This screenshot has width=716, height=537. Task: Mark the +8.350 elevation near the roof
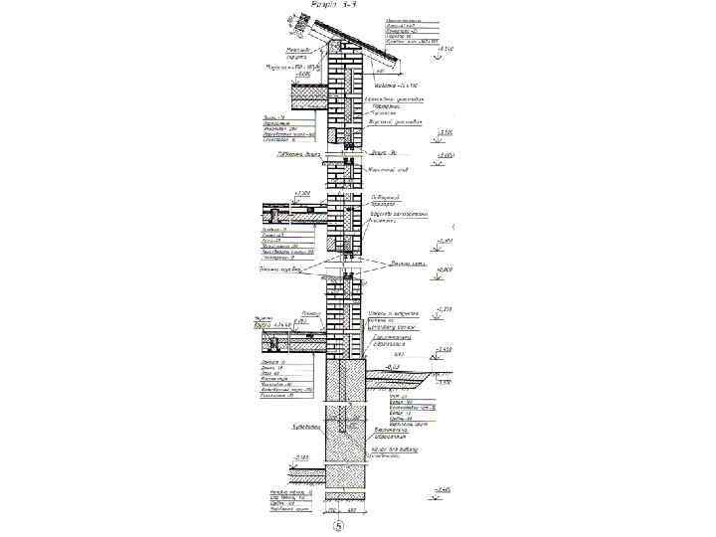[x=447, y=49]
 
